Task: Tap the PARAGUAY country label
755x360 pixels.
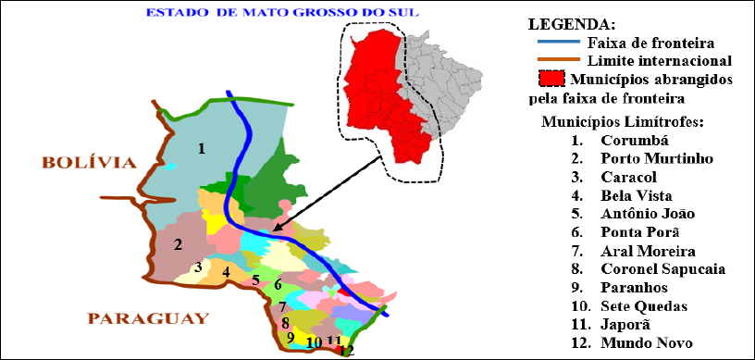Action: [x=147, y=319]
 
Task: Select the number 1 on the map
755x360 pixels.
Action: [x=201, y=147]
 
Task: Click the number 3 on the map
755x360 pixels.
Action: [x=197, y=267]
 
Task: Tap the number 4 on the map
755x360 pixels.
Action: [x=226, y=272]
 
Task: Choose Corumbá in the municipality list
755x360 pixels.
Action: [x=633, y=142]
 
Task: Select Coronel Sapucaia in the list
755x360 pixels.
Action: [x=661, y=269]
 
